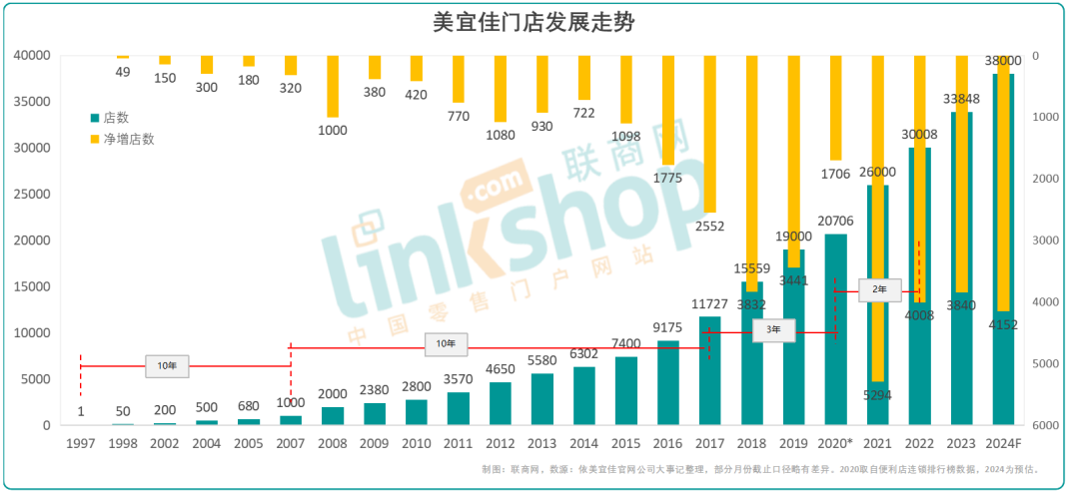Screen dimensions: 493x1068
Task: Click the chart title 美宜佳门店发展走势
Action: point(533,21)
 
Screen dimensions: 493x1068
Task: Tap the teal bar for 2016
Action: point(667,384)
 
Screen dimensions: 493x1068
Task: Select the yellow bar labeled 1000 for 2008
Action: point(332,87)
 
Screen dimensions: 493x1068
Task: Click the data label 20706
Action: point(835,222)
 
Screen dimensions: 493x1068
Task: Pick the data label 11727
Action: point(709,304)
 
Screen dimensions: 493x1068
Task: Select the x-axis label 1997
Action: point(80,442)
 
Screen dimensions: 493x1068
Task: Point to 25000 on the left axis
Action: point(32,195)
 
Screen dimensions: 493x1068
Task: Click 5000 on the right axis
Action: point(1043,364)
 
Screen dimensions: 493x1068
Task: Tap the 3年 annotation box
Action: point(773,328)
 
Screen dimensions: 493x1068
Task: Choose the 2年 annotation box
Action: point(880,288)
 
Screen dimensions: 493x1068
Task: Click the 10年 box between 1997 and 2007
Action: point(166,365)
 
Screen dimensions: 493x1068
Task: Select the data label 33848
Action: point(962,99)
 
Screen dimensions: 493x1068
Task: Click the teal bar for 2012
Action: point(500,403)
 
